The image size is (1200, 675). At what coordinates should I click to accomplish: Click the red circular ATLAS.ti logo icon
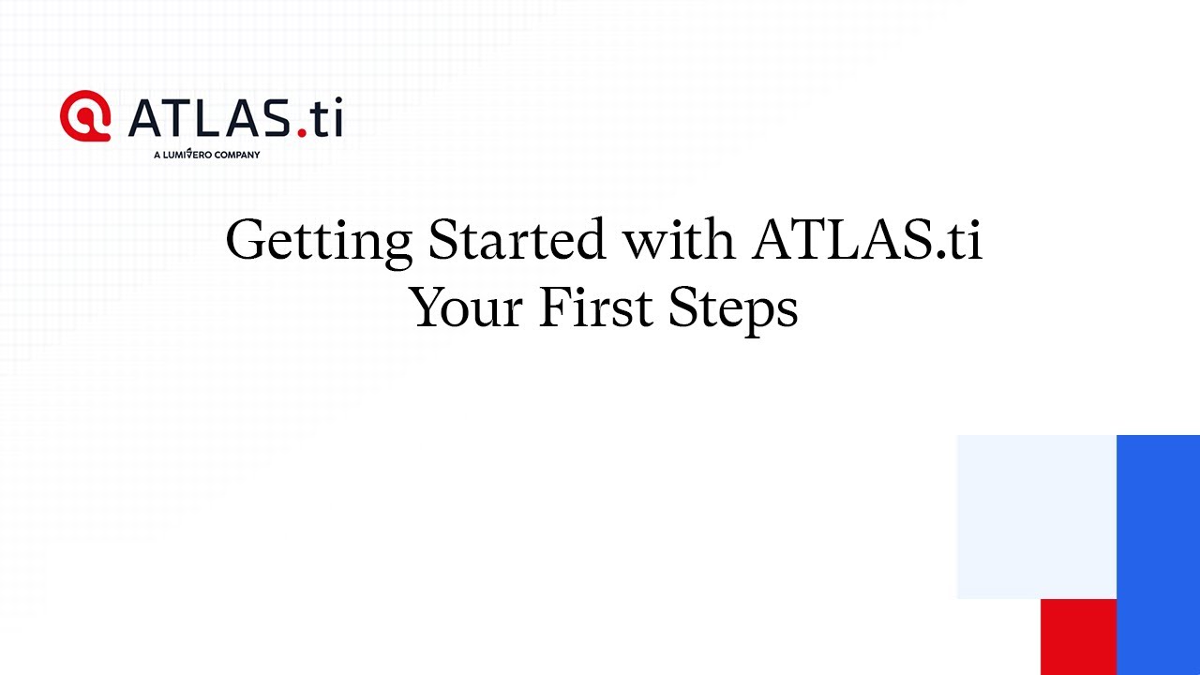(x=85, y=116)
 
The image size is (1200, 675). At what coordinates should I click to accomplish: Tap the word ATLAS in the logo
(x=210, y=119)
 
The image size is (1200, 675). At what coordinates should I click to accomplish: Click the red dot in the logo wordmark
(x=302, y=133)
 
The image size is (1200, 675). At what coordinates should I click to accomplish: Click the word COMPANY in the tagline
(x=236, y=155)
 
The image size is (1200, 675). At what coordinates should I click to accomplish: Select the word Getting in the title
(x=319, y=241)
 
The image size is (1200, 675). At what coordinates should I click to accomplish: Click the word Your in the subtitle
(x=465, y=307)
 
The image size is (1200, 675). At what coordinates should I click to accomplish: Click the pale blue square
(x=1036, y=516)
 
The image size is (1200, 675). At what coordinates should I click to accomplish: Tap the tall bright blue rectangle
(x=1158, y=554)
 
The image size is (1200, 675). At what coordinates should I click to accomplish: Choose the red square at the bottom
(x=1078, y=637)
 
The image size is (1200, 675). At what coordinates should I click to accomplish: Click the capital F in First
(x=553, y=307)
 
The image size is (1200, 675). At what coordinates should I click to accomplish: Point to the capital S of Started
(x=442, y=240)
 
